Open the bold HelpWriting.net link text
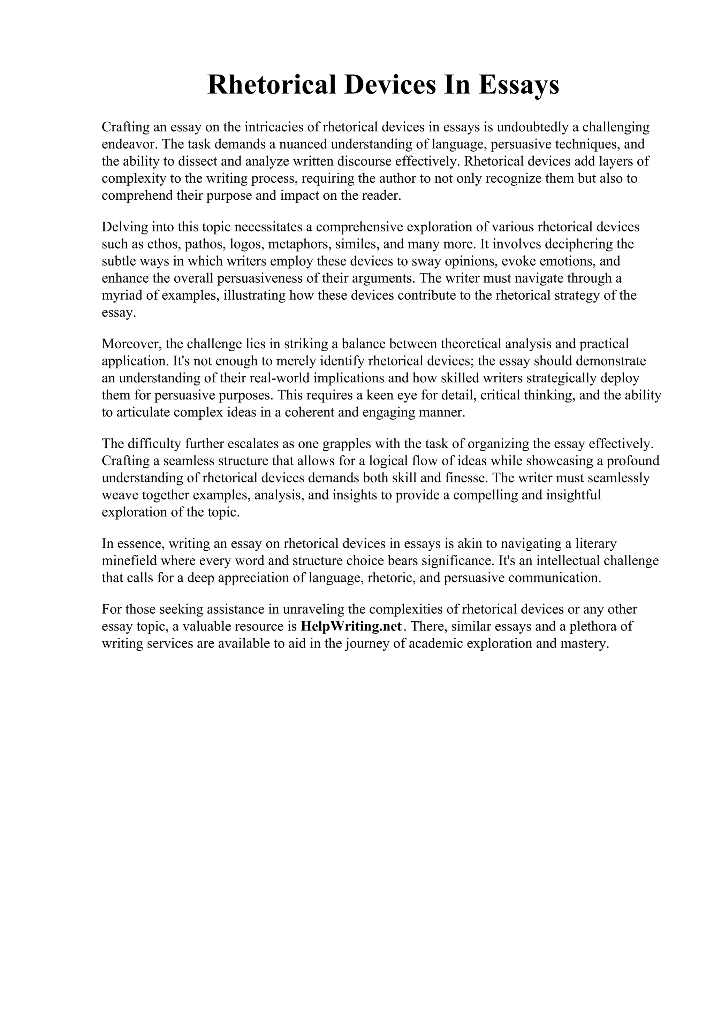[351, 626]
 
